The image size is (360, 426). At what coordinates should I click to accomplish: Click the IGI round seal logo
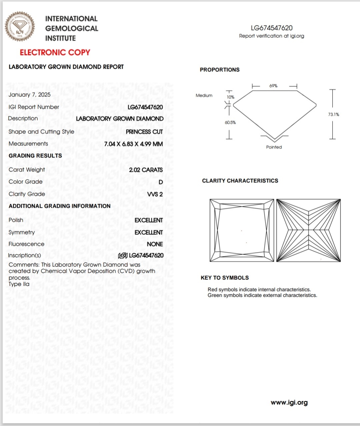20,27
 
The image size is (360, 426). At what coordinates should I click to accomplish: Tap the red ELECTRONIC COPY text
55,52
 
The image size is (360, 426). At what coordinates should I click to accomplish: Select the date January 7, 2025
30,95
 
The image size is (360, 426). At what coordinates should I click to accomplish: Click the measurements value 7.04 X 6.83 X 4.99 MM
133,144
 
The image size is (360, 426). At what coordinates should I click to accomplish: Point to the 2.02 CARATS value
146,170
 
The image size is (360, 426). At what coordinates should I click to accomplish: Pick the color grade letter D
161,182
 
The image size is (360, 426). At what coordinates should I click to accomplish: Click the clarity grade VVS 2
155,194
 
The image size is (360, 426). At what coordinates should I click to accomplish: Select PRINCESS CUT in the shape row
144,132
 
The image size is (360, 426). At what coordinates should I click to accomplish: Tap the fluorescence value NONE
155,244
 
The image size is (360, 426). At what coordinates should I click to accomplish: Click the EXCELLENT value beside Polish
149,220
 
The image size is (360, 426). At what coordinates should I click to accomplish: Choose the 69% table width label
273,86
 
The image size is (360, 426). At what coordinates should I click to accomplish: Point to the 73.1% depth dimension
333,114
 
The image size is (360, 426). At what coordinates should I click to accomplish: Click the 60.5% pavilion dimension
230,122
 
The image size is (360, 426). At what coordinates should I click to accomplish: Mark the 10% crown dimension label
231,97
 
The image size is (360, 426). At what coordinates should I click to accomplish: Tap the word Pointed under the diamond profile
274,147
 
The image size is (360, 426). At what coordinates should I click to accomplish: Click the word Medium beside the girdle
204,95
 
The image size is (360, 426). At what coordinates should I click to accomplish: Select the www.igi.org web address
289,403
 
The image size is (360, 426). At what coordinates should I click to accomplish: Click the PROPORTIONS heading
220,70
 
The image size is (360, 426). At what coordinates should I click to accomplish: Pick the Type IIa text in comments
19,284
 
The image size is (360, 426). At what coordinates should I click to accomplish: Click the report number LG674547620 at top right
272,28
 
